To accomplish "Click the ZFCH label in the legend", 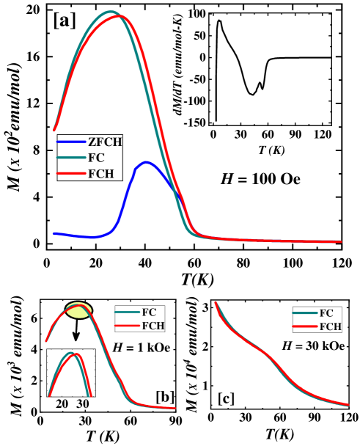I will click(104, 142).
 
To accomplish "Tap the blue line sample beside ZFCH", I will click(71, 142).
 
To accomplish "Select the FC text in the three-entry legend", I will click(95, 158).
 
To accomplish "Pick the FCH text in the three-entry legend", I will click(100, 174).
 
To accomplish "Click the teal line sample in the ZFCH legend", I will click(71, 158).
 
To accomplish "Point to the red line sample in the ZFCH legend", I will click(71, 174).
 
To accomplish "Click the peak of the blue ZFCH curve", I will click(147, 162).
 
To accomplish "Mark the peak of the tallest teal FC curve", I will click(111, 12).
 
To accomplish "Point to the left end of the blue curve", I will click(54, 233).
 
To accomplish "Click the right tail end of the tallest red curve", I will click(340, 241).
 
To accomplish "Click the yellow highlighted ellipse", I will click(78, 310).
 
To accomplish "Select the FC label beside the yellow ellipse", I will click(149, 312).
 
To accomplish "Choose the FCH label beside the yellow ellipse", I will click(153, 326).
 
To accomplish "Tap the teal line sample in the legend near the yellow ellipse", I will click(128, 312).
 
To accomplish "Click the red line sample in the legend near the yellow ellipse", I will click(128, 326).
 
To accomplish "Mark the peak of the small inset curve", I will click(73, 354).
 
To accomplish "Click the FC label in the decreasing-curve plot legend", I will click(326, 313).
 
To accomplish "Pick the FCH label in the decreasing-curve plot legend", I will click(330, 326).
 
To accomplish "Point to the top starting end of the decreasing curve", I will click(216, 302).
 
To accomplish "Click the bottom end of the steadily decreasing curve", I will click(348, 404).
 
